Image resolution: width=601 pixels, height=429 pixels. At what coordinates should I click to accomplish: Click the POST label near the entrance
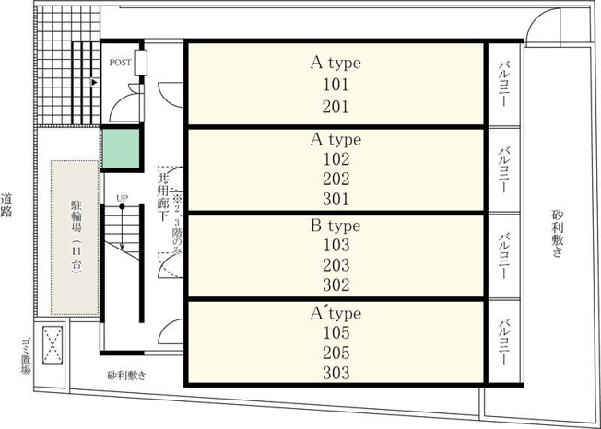[x=120, y=63]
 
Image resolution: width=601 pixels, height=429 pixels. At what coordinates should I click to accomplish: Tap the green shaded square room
[x=121, y=148]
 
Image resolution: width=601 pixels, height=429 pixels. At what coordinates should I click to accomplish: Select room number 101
[x=336, y=85]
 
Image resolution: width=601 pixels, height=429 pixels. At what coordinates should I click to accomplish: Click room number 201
[x=336, y=107]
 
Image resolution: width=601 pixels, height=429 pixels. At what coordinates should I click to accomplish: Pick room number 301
[x=336, y=199]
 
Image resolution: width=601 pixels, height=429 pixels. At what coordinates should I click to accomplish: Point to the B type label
[x=336, y=226]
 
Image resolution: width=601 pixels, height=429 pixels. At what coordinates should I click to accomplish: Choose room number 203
[x=336, y=265]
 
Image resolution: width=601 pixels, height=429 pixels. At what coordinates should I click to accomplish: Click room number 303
[x=336, y=373]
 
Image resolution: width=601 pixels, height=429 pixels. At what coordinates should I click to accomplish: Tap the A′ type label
[x=336, y=313]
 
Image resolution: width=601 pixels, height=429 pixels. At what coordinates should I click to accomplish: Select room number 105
[x=336, y=332]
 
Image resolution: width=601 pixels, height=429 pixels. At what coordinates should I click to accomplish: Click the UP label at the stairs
[x=122, y=198]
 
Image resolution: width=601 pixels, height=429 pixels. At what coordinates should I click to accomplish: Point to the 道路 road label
[x=6, y=205]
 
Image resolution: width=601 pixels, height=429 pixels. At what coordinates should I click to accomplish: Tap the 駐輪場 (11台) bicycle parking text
[x=77, y=237]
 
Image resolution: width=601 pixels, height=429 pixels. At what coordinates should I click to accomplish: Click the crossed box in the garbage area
[x=53, y=345]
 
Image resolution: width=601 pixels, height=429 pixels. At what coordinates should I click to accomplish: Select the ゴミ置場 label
[x=26, y=356]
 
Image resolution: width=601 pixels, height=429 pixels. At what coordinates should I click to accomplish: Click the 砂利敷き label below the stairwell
[x=126, y=376]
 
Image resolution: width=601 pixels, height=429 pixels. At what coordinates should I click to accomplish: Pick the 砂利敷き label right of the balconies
[x=558, y=233]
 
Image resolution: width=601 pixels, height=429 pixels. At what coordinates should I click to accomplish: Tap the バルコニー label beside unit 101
[x=504, y=84]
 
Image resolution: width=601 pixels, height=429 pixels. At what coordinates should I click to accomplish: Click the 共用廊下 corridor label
[x=163, y=197]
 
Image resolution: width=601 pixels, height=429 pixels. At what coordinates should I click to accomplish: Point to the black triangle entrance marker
[x=94, y=82]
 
